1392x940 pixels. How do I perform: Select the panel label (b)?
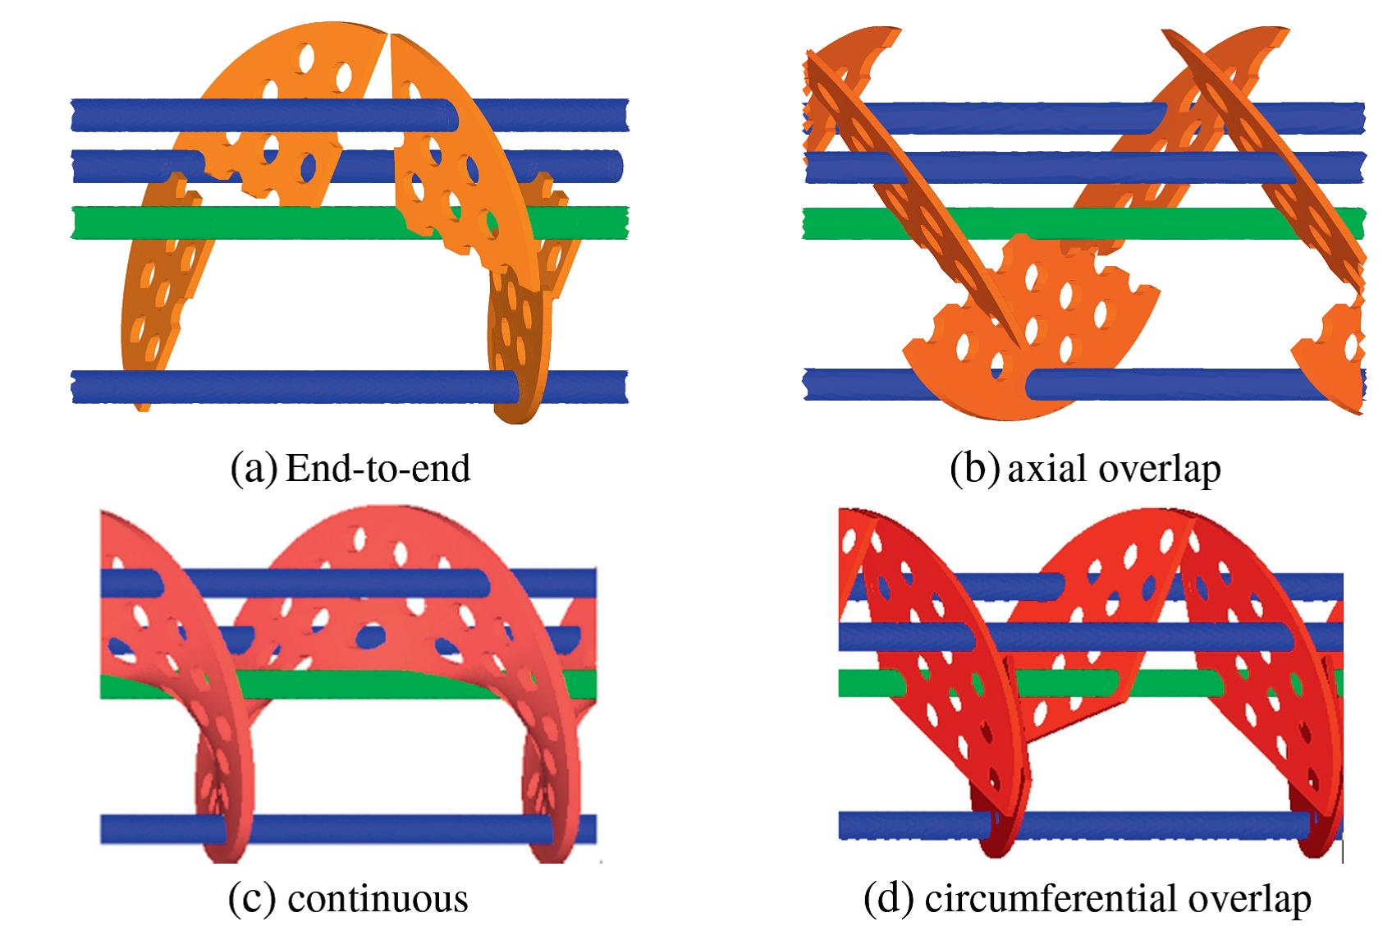(x=974, y=469)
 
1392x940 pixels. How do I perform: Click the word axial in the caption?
(x=1038, y=469)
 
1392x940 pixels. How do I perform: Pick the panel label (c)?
(x=250, y=900)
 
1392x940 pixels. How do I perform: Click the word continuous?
(x=378, y=900)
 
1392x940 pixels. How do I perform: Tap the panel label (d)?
(x=890, y=900)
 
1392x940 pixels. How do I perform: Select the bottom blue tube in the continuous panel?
(x=369, y=829)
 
